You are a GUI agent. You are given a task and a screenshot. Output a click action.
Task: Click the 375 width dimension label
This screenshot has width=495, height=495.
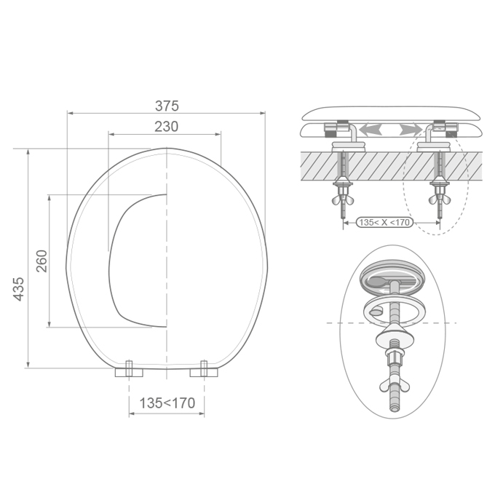(167, 106)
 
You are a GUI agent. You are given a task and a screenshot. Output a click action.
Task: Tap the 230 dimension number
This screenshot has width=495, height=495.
(167, 126)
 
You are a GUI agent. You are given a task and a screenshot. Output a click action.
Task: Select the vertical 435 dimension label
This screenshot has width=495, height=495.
(18, 289)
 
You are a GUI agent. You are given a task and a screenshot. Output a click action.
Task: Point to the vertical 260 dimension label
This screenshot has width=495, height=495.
(41, 261)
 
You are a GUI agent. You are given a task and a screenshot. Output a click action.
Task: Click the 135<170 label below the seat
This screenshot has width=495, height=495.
(167, 403)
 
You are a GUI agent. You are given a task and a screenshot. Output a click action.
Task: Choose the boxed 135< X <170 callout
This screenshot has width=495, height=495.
(384, 222)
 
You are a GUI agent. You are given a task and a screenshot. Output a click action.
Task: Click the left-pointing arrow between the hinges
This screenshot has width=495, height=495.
(371, 130)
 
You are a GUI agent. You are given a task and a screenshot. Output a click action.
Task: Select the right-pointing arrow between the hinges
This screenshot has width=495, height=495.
(411, 130)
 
